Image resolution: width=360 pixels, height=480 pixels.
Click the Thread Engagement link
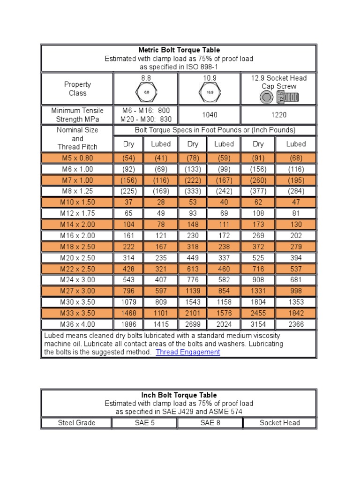click(x=188, y=352)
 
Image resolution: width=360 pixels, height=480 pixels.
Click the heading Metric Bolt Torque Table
click(x=179, y=50)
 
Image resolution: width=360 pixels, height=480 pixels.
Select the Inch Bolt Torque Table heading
click(x=179, y=395)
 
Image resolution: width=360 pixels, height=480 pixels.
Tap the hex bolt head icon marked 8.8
click(x=146, y=92)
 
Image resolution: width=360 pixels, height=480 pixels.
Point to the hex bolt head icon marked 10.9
click(x=210, y=92)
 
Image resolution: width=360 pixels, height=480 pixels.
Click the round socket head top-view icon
click(x=267, y=97)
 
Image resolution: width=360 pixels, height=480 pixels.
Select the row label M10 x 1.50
click(x=77, y=202)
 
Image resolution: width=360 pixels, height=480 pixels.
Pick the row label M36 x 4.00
click(x=77, y=324)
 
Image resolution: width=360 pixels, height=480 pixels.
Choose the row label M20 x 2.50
click(x=77, y=258)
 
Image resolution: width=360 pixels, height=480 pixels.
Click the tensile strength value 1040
click(x=210, y=115)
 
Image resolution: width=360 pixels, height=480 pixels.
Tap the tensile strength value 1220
click(x=279, y=115)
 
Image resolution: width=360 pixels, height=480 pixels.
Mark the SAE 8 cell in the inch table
click(x=210, y=423)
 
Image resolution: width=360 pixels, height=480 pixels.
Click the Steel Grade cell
click(x=76, y=423)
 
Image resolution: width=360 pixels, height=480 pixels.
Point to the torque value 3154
click(x=258, y=324)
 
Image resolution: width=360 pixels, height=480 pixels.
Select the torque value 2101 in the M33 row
click(x=193, y=313)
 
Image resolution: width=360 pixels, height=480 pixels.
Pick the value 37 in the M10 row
click(x=128, y=202)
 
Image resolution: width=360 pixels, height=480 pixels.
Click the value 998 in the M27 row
click(x=296, y=291)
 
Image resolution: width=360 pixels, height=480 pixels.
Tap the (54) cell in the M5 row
click(x=128, y=158)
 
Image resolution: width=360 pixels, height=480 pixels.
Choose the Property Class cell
click(x=77, y=89)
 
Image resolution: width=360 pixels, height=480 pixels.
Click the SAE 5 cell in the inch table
click(x=144, y=423)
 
